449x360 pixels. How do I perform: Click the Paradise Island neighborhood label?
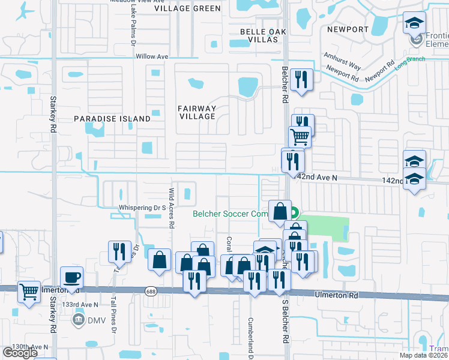pyautogui.click(x=112, y=119)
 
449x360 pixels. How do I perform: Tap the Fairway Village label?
pyautogui.click(x=196, y=112)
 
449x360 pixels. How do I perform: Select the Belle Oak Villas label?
pyautogui.click(x=259, y=35)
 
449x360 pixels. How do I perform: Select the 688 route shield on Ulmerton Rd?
pyautogui.click(x=150, y=290)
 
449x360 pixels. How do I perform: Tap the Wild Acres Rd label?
pyautogui.click(x=171, y=208)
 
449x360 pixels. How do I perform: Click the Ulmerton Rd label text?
pyautogui.click(x=336, y=295)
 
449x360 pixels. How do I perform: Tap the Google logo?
pyautogui.click(x=20, y=353)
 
